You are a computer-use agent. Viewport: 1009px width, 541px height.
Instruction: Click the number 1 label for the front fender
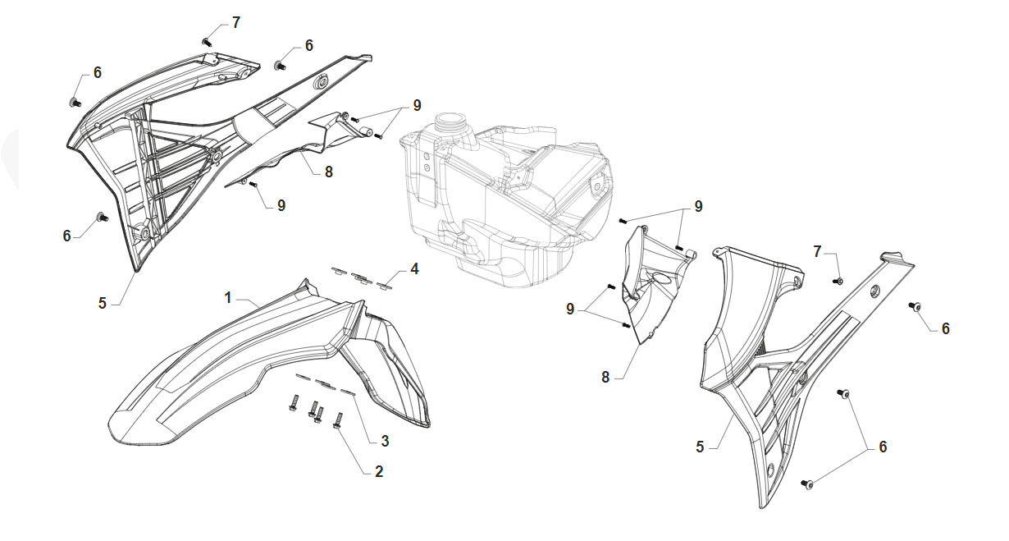[x=229, y=296]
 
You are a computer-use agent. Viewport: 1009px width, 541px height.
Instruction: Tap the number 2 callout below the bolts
[x=378, y=471]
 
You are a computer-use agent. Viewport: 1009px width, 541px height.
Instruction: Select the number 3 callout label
[x=384, y=441]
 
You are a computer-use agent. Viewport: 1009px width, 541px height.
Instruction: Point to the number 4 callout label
[x=414, y=268]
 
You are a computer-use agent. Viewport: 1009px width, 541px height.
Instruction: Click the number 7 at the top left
[x=236, y=22]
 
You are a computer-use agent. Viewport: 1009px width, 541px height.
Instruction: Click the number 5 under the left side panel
[x=103, y=303]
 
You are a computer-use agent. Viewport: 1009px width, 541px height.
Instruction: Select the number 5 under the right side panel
[x=700, y=447]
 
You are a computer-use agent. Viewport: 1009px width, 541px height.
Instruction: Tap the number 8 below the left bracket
[x=328, y=172]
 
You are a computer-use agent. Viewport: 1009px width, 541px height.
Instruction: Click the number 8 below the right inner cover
[x=605, y=377]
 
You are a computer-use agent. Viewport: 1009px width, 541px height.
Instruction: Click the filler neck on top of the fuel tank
[x=450, y=126]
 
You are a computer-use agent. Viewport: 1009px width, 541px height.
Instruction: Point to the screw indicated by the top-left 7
[x=207, y=41]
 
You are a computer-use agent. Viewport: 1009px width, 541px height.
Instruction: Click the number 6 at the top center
[x=308, y=46]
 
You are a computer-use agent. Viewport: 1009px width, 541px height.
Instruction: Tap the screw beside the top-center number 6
[x=281, y=65]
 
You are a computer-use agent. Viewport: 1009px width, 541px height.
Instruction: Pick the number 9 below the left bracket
[x=281, y=205]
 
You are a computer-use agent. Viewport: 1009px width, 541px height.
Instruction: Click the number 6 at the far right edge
[x=945, y=328]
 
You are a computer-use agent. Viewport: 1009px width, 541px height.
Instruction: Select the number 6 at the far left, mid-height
[x=67, y=236]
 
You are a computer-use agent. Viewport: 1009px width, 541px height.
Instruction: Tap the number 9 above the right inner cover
[x=698, y=207]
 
